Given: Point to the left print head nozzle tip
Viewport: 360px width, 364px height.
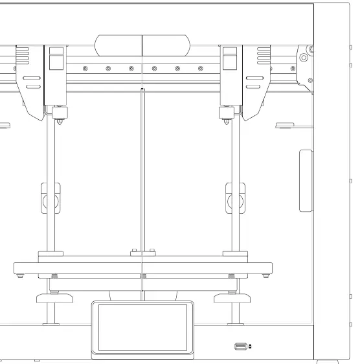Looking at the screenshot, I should pos(60,124).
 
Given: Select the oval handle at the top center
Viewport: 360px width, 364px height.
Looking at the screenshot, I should pos(142,46).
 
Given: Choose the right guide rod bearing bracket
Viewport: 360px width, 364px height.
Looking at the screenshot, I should pos(234,198).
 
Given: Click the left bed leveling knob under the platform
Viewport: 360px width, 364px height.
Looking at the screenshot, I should pos(54,299).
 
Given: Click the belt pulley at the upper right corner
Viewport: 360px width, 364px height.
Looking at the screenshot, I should pos(302,58).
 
